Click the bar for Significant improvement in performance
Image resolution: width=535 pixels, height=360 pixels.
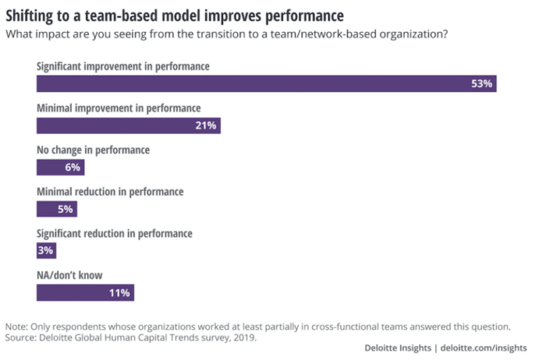point(266,84)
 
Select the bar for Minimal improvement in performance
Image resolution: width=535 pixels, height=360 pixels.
point(128,125)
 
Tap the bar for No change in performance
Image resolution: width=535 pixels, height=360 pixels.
point(60,167)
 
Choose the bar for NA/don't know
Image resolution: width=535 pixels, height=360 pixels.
point(85,292)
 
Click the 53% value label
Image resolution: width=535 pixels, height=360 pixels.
point(481,84)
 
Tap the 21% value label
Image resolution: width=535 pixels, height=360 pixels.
point(206,125)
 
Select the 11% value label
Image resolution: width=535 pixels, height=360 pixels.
point(119,292)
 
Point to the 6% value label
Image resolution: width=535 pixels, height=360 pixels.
point(73,167)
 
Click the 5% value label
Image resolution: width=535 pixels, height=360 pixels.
point(65,209)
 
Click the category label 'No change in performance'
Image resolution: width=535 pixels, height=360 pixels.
point(93,150)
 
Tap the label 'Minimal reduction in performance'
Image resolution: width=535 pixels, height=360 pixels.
point(109,191)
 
